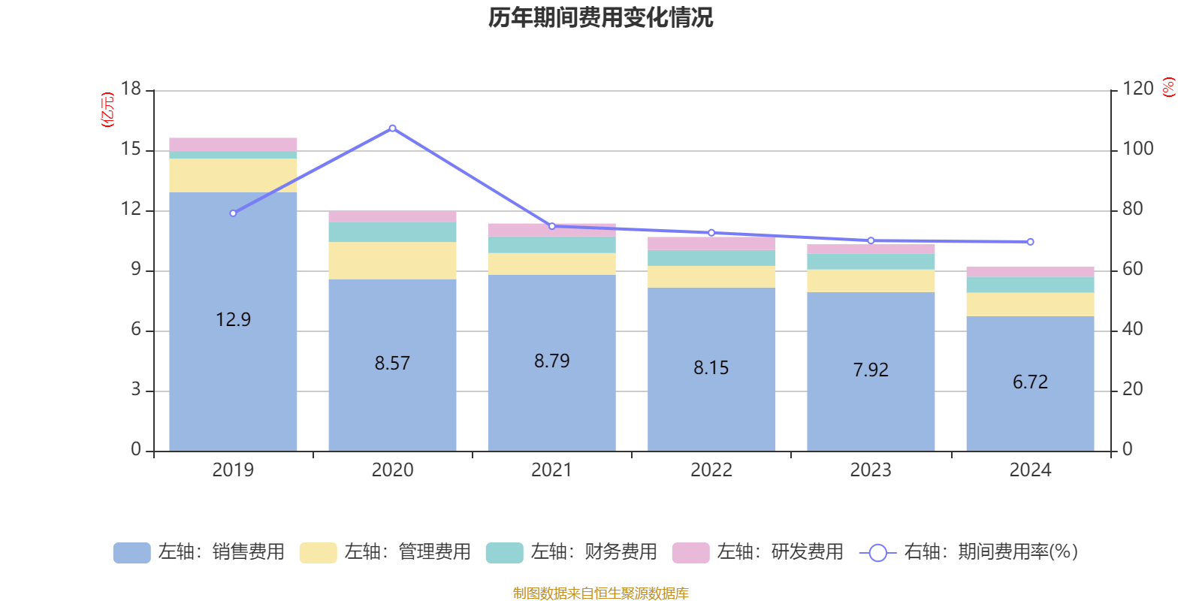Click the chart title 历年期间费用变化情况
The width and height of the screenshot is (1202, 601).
tap(600, 17)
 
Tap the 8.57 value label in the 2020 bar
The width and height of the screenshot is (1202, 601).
tap(392, 364)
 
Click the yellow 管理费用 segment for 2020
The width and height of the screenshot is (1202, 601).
tap(392, 261)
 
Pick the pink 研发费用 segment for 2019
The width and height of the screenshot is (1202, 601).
tap(233, 144)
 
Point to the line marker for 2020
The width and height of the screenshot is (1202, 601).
tap(392, 128)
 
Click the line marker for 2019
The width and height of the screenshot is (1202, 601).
tap(233, 213)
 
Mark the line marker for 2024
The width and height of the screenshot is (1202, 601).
tap(1030, 242)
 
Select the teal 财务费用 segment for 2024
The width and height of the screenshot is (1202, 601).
tap(1030, 285)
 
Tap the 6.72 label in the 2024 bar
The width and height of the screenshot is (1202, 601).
tap(1030, 382)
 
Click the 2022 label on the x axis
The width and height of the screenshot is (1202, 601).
tap(711, 470)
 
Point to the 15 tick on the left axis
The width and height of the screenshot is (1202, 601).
tap(131, 149)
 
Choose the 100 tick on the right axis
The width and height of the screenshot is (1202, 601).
tap(1137, 149)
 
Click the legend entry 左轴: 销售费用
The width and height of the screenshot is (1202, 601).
tap(200, 552)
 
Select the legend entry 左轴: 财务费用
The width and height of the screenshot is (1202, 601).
tap(572, 552)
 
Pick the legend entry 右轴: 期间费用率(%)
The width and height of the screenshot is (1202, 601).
tap(969, 552)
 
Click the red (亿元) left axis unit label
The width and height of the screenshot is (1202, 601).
tap(107, 110)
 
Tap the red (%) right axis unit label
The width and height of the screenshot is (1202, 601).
tap(1168, 87)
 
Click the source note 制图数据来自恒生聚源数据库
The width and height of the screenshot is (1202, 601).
tap(600, 593)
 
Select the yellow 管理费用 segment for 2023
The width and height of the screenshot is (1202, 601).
tap(871, 281)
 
